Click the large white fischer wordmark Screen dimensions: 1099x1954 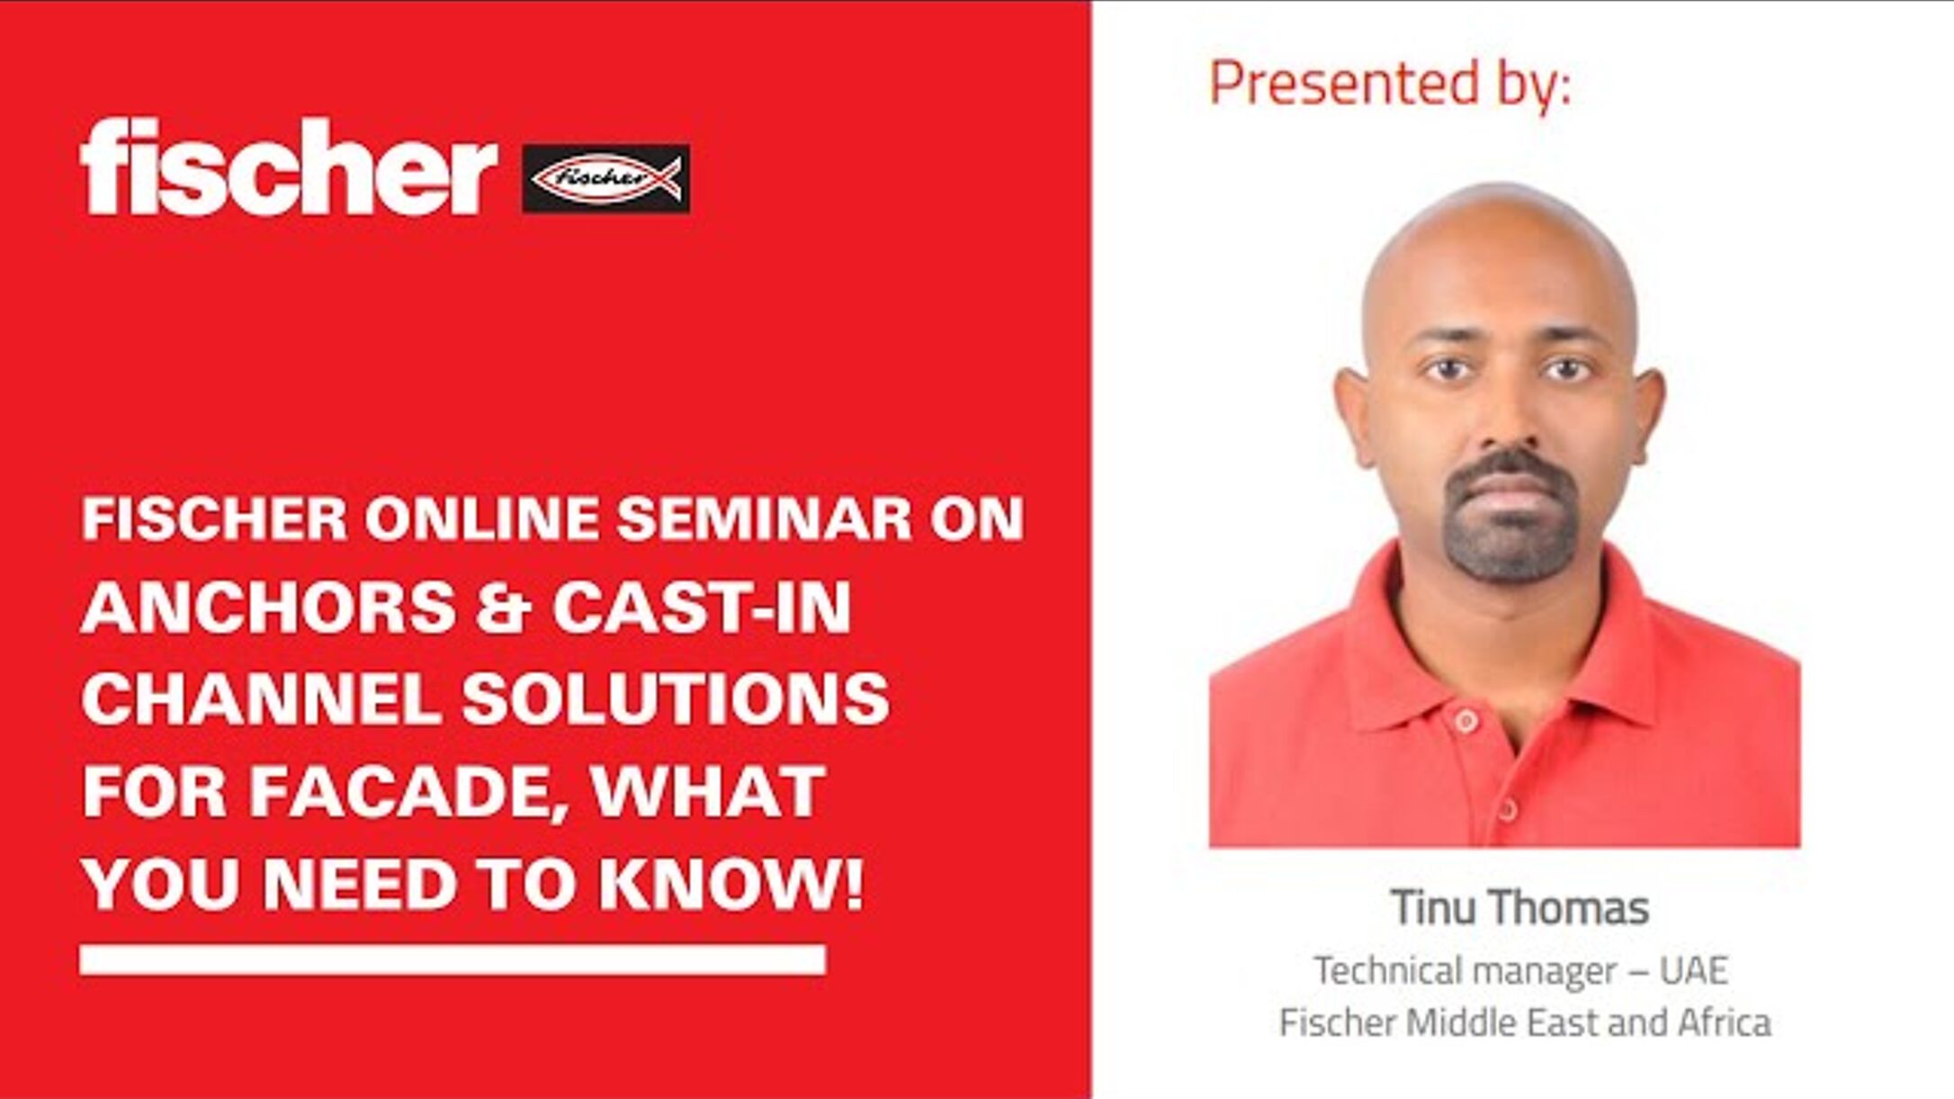point(288,167)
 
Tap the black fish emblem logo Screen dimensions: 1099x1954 point(605,178)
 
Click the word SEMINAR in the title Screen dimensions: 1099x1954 point(764,518)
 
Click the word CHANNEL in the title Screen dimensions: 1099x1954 point(261,699)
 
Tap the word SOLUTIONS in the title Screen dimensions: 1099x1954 point(676,699)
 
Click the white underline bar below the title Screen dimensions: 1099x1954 point(453,959)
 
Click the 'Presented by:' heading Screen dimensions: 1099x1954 point(1389,84)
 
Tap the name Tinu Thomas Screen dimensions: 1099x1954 point(1519,907)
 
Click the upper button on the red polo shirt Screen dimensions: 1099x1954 point(1466,721)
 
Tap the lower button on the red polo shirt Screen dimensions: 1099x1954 point(1509,810)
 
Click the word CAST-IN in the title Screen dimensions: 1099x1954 point(702,608)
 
